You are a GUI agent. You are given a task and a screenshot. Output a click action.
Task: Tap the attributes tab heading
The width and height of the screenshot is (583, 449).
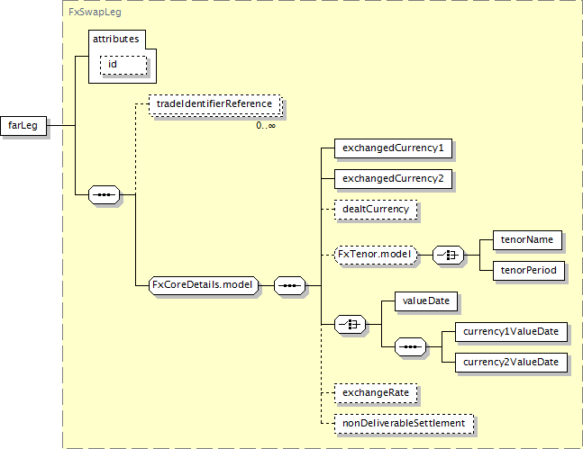point(117,40)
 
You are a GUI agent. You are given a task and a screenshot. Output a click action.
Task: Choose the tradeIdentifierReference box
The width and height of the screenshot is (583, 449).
point(214,105)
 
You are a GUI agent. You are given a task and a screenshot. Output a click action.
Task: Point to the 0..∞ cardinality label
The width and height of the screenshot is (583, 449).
point(266,125)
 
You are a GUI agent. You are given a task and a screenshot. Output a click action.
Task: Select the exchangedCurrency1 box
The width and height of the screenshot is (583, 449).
point(392,148)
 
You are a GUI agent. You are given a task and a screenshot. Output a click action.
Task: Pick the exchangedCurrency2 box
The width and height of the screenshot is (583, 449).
point(392,178)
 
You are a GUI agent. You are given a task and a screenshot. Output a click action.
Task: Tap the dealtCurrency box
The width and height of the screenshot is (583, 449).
point(376,209)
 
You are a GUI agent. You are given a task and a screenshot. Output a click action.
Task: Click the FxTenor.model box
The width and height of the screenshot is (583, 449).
point(375,255)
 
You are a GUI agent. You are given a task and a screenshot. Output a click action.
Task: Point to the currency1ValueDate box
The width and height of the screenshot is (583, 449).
point(511,332)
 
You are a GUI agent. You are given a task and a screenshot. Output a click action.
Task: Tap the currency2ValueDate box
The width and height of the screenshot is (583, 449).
point(511,362)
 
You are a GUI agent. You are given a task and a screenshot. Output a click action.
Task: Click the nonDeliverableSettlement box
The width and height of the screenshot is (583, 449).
point(403,422)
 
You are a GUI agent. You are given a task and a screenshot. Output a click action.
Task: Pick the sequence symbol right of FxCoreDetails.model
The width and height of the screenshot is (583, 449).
point(288,285)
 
